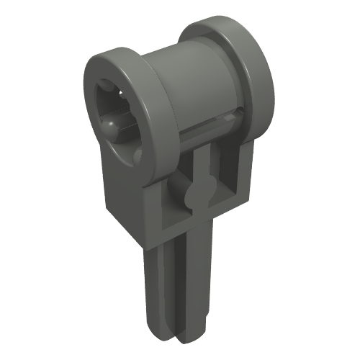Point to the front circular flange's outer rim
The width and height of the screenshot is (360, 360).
155,108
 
